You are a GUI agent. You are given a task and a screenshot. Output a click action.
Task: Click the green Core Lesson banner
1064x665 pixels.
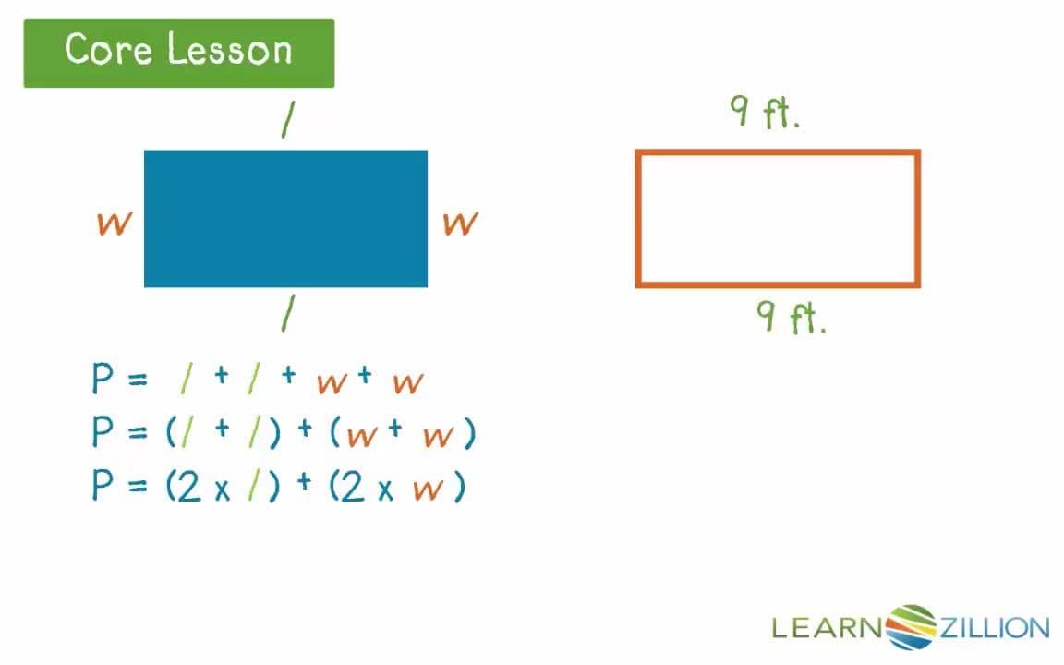click(x=178, y=53)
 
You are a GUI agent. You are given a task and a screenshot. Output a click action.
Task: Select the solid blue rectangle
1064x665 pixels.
click(x=285, y=218)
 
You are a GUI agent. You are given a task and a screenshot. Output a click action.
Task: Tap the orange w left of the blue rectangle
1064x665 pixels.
click(x=113, y=223)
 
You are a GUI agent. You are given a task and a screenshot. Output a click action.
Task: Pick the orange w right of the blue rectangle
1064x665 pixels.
click(x=460, y=223)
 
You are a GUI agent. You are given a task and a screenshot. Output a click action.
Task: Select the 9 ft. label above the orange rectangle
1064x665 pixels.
click(x=764, y=115)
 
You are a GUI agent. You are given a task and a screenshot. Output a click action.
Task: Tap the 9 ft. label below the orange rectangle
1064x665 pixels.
click(x=791, y=318)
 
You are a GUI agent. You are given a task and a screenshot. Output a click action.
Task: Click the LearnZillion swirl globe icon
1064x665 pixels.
click(x=912, y=627)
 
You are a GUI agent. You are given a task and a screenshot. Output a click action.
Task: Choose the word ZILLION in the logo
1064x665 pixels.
click(x=994, y=629)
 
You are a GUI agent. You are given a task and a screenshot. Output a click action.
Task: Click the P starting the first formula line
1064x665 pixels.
click(x=103, y=380)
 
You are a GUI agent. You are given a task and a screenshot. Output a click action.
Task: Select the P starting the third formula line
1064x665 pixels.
click(x=103, y=486)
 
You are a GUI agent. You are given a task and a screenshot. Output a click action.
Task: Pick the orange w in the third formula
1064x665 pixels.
click(x=428, y=490)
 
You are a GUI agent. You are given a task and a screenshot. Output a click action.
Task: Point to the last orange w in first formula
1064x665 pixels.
click(x=407, y=382)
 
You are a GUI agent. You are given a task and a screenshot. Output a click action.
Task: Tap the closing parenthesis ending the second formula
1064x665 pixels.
click(x=470, y=434)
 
